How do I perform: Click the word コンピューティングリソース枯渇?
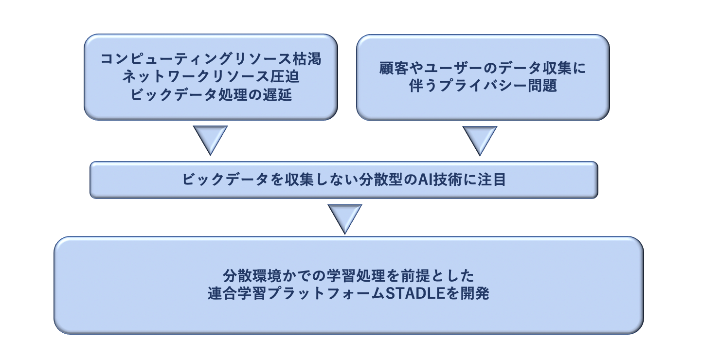pos(211,59)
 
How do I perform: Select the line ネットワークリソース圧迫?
pos(211,76)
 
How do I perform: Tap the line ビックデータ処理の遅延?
pos(211,94)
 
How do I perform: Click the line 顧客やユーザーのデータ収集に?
pos(483,68)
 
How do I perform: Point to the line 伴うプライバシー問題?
pos(483,86)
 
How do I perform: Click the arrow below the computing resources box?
pos(210,139)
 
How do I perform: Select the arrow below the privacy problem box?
pos(480,139)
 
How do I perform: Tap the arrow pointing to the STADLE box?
pos(345,217)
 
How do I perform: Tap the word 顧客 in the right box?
pos(393,68)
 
